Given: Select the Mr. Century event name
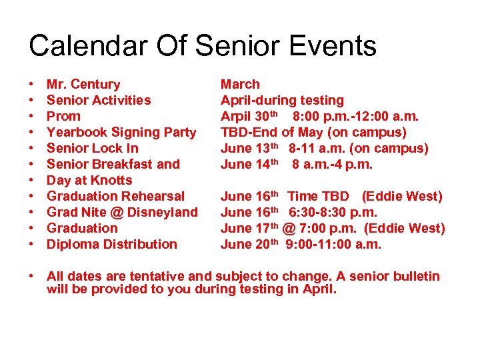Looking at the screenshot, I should [x=83, y=84].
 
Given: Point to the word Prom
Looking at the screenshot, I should [x=63, y=116].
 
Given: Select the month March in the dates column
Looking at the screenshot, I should [x=240, y=84].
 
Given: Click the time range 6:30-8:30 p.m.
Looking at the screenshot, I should [x=333, y=212].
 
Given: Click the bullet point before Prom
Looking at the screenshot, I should [x=31, y=116].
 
